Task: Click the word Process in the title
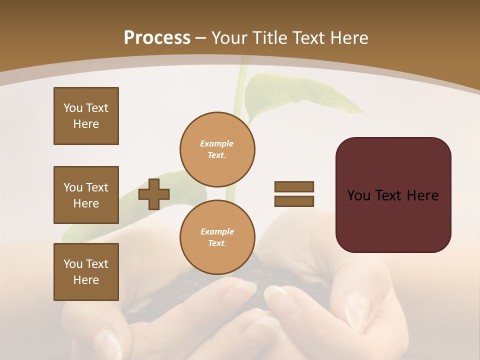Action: [157, 38]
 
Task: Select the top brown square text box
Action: [86, 116]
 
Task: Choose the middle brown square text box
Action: [86, 195]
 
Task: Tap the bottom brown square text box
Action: [86, 272]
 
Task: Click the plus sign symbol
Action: [154, 194]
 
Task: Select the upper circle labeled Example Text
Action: [217, 149]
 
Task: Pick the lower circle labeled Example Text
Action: [217, 237]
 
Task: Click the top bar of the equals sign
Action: [294, 186]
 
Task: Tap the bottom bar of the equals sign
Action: [294, 201]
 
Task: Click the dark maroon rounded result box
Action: [393, 220]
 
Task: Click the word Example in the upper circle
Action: [217, 143]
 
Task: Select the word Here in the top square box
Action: [86, 124]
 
